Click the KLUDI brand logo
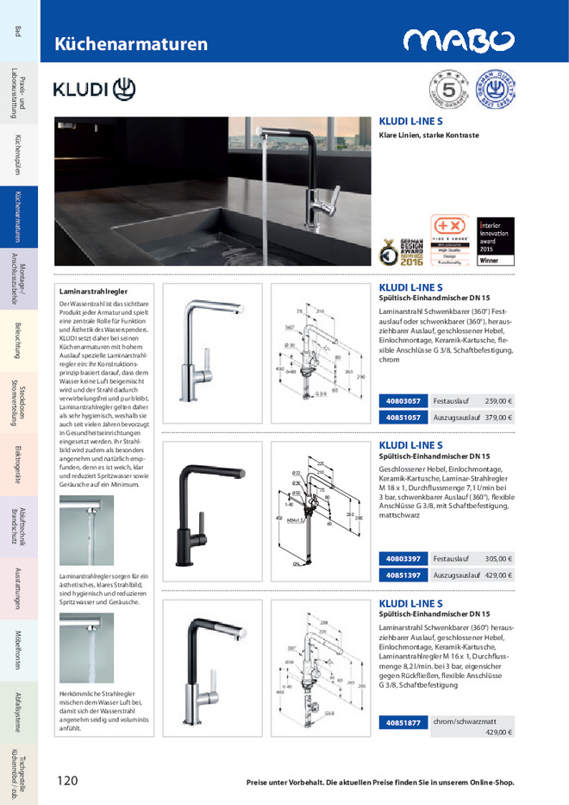(x=94, y=89)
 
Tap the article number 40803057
(x=403, y=401)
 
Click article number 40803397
(x=403, y=558)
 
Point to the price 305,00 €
(x=498, y=558)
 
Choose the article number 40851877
(x=403, y=722)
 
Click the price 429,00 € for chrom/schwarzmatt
(x=498, y=733)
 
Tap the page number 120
(x=67, y=781)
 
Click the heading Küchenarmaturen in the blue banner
(x=131, y=44)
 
